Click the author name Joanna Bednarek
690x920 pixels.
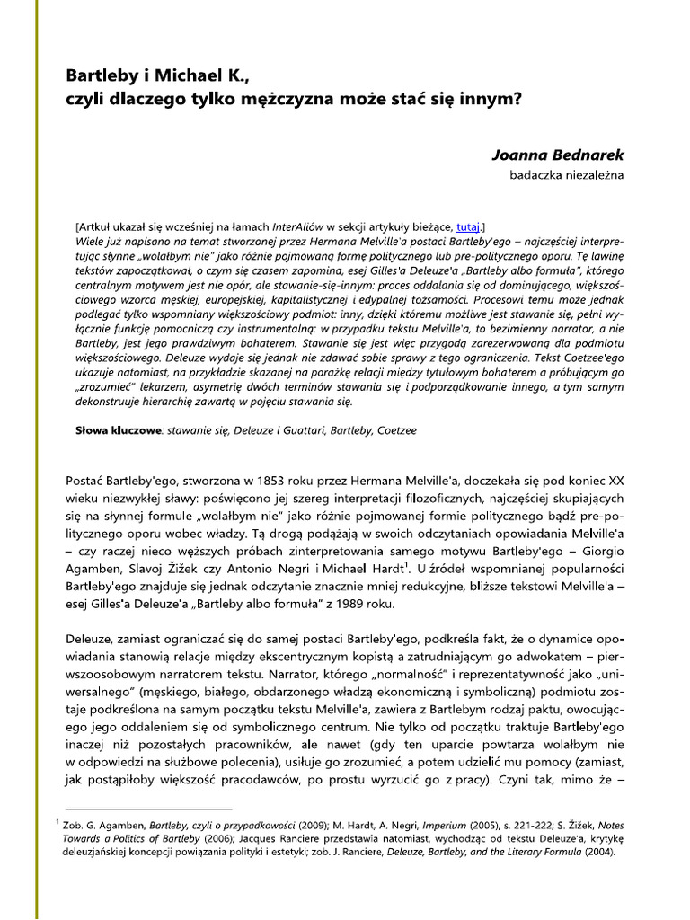[557, 155]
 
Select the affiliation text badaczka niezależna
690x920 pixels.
[566, 174]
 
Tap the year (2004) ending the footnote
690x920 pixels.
[599, 853]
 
